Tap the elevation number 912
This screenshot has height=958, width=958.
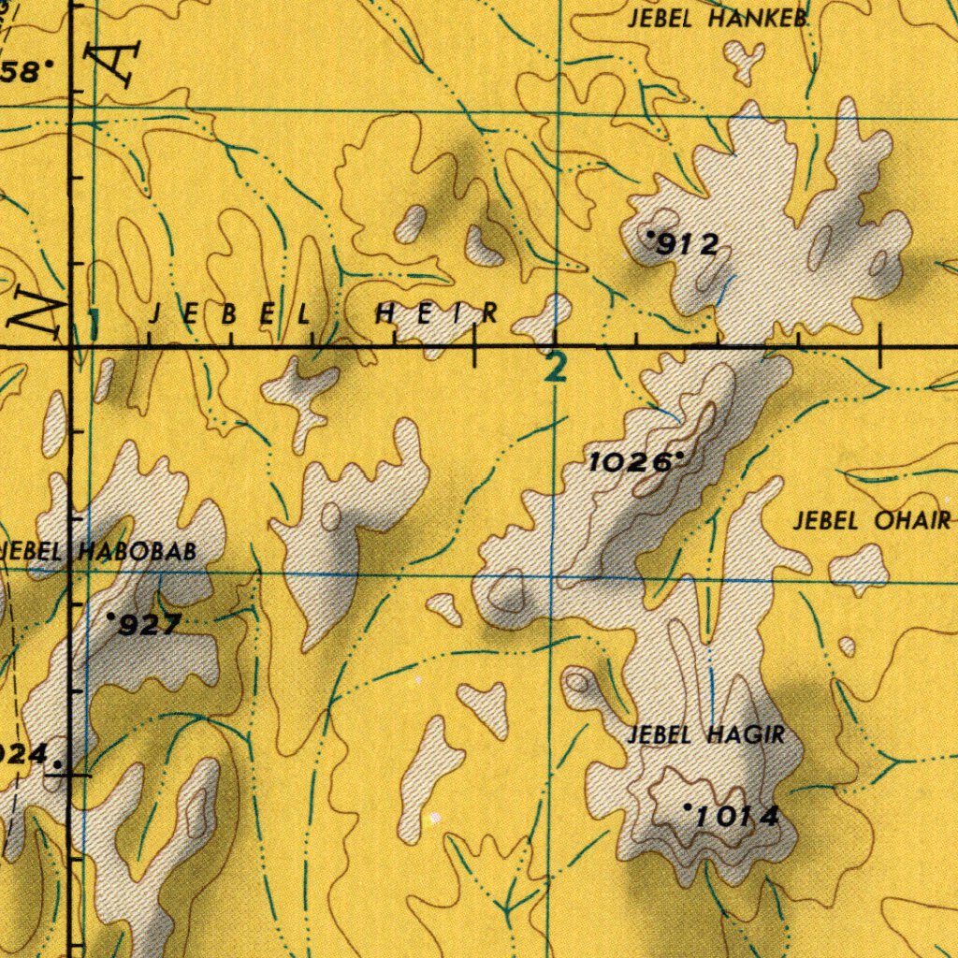pyautogui.click(x=688, y=245)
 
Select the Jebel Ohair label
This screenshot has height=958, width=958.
pyautogui.click(x=871, y=522)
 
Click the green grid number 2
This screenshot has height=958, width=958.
pyautogui.click(x=557, y=367)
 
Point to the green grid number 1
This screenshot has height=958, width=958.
pyautogui.click(x=93, y=324)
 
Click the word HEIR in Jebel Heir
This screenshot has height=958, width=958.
pyautogui.click(x=437, y=315)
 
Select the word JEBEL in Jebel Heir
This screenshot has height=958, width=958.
pyautogui.click(x=230, y=315)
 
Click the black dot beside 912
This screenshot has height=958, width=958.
pyautogui.click(x=651, y=233)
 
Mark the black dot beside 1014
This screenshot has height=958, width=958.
pyautogui.click(x=688, y=806)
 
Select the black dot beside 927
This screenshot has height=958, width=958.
pyautogui.click(x=111, y=617)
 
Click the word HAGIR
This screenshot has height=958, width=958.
pyautogui.click(x=746, y=735)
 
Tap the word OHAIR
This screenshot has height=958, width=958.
pyautogui.click(x=912, y=522)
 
